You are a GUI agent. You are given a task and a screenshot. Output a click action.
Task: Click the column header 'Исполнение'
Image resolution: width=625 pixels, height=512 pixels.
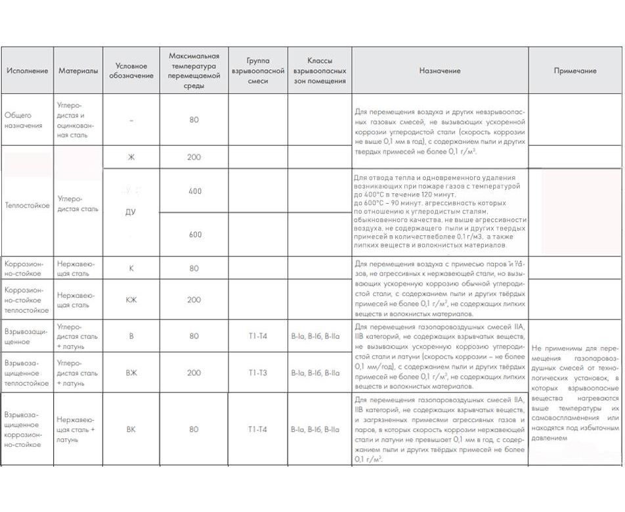tap(27, 71)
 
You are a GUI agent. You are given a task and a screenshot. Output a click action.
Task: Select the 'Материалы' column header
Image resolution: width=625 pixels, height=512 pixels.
tap(78, 71)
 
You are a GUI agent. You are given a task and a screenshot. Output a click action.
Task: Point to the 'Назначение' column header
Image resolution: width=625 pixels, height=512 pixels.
tap(439, 71)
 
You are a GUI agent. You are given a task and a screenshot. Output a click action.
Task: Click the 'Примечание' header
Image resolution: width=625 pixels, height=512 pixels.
tap(574, 71)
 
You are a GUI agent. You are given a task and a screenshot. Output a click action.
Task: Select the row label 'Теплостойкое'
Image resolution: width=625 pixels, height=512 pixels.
tap(27, 205)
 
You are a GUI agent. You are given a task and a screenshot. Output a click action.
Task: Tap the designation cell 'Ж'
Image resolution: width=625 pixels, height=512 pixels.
tap(131, 157)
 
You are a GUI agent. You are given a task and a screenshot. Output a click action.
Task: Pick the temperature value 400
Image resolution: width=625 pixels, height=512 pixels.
tap(194, 191)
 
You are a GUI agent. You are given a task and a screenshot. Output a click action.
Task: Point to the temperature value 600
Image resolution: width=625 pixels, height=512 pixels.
tap(194, 235)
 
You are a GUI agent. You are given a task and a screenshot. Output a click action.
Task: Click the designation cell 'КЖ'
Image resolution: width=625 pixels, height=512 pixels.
tap(131, 300)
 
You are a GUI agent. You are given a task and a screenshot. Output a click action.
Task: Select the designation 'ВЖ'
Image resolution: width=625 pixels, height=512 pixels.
tap(131, 373)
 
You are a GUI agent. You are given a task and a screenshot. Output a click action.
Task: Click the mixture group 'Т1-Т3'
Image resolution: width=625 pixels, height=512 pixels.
tap(257, 373)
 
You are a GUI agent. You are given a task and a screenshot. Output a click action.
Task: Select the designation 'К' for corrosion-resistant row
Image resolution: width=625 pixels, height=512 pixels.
tap(131, 268)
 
